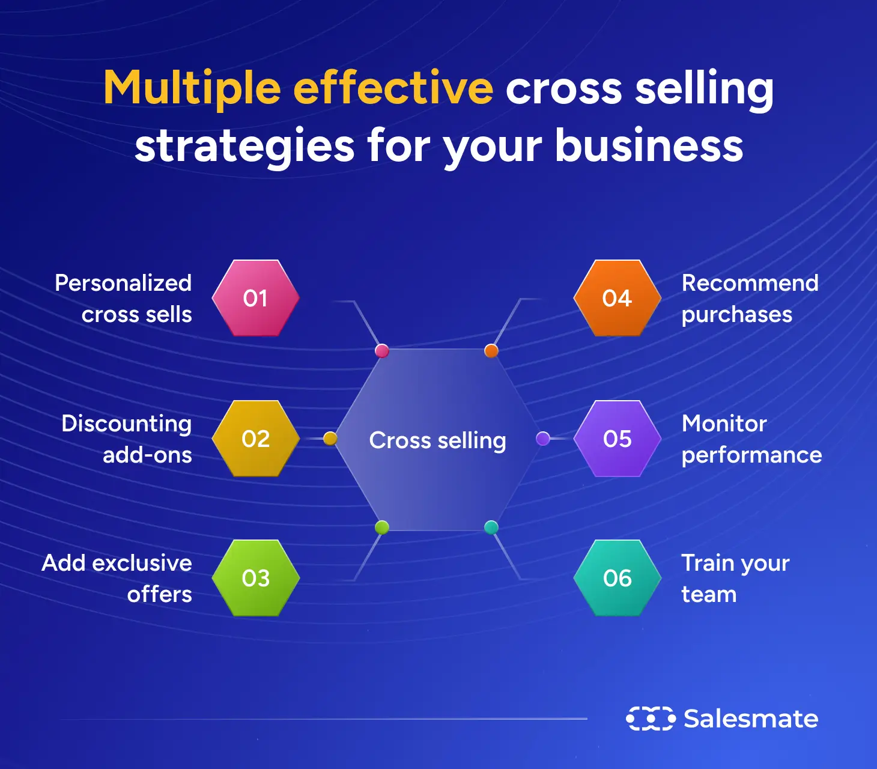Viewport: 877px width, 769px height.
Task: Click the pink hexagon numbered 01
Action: (256, 298)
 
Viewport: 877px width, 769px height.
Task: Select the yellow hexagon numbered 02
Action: (256, 439)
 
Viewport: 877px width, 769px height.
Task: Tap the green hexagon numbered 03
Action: (256, 578)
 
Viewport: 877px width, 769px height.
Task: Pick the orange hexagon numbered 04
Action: (618, 298)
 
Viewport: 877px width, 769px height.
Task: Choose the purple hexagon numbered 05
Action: (618, 439)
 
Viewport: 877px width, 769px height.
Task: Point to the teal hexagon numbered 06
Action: (618, 578)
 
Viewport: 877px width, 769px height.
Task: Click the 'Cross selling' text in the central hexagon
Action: (437, 440)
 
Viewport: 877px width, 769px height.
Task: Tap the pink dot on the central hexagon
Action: (381, 351)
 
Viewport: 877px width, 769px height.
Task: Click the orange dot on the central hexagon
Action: (491, 351)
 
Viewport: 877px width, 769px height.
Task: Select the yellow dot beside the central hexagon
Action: (330, 439)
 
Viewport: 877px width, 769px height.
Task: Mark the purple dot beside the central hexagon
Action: (543, 439)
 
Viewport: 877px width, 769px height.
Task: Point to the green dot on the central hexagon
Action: (381, 527)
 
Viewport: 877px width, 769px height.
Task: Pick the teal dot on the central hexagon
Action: (491, 527)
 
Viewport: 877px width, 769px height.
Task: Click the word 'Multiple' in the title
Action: (192, 88)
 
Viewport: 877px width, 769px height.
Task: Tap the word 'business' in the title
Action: (649, 145)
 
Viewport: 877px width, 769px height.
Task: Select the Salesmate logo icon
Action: (651, 719)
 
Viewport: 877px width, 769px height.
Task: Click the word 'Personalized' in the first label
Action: (123, 283)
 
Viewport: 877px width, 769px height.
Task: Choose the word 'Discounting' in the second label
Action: (127, 424)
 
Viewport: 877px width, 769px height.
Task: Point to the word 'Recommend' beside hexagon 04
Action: (750, 283)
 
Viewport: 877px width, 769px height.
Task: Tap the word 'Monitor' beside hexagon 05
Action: (724, 424)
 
